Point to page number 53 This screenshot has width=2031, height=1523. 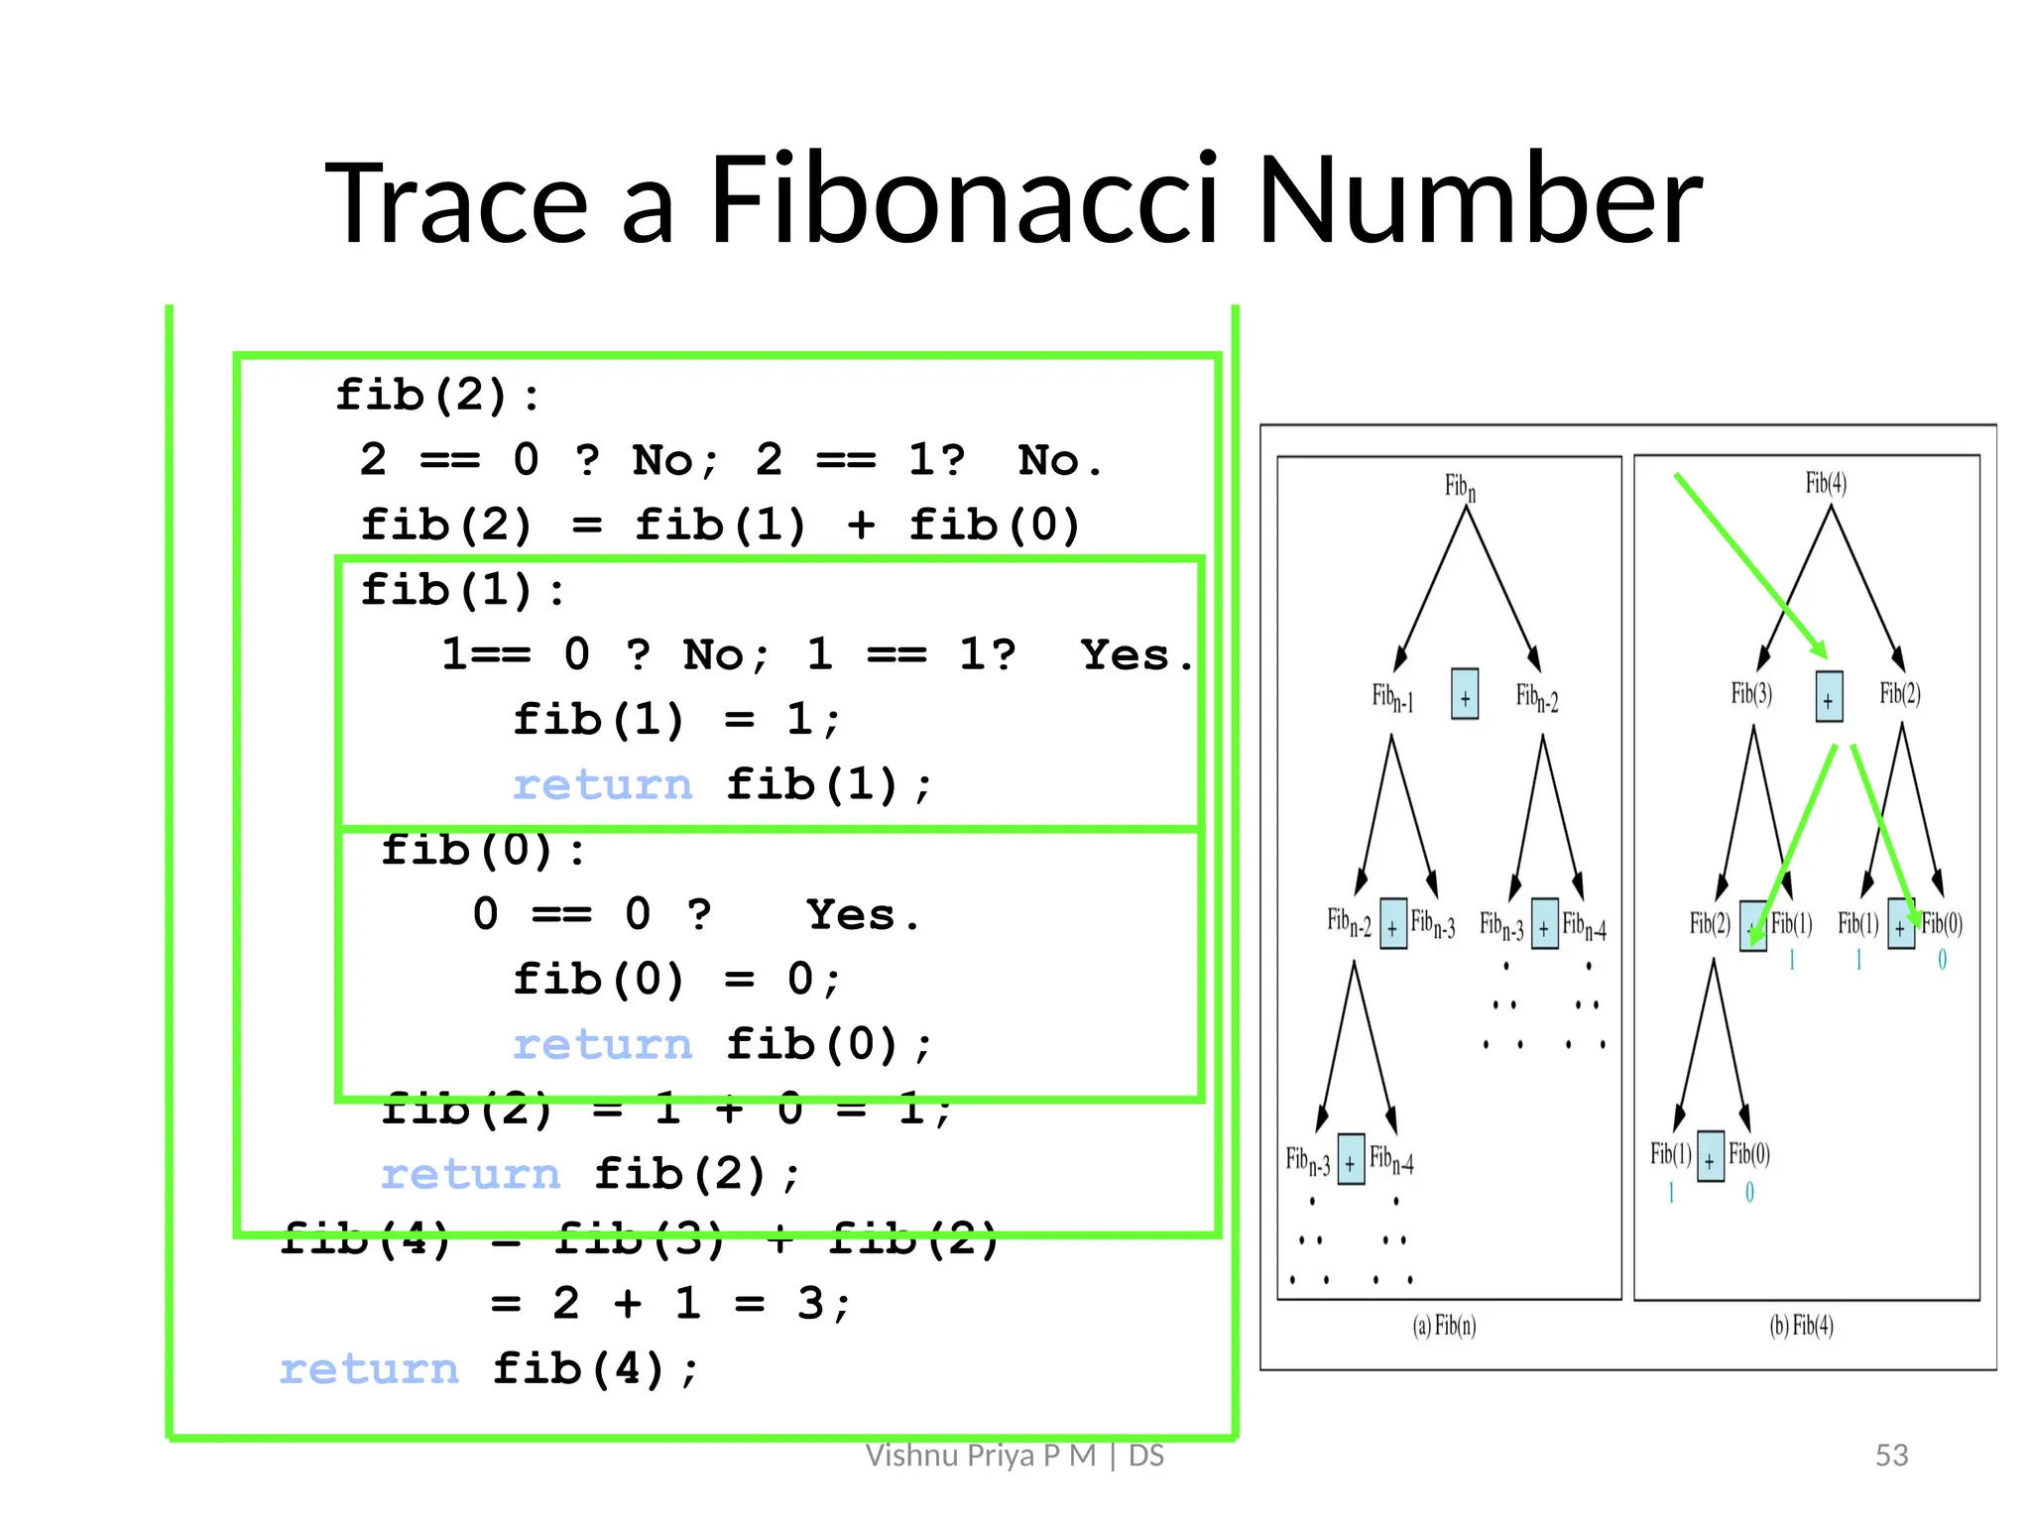pos(1891,1455)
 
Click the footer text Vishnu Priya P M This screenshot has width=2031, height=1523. pos(980,1455)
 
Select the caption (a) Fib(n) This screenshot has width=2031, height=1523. pos(1444,1326)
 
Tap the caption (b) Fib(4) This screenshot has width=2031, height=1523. pos(1801,1326)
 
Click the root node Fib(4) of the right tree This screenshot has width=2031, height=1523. pos(1826,483)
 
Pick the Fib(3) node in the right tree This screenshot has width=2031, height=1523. pos(1751,693)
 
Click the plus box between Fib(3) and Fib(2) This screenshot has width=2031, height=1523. pos(1829,697)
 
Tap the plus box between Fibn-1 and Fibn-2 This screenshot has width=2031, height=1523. pos(1465,694)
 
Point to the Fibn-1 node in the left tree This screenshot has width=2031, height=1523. pos(1392,698)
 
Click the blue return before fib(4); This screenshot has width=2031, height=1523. pos(369,1369)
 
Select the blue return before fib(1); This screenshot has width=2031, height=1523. pos(602,785)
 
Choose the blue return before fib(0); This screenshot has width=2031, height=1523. pos(602,1045)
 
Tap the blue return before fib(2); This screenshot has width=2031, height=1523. pos(470,1175)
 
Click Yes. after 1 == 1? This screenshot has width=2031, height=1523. pos(1135,655)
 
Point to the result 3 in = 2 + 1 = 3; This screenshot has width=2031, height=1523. pos(810,1304)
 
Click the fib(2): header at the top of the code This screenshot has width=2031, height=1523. pos(437,396)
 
